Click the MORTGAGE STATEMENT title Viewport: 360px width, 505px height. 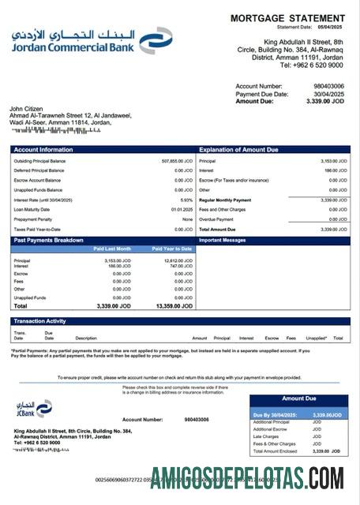pos(287,18)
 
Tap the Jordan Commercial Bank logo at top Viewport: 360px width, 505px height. pos(92,40)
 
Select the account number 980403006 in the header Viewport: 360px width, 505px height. pos(328,85)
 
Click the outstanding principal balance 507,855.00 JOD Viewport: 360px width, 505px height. pos(177,161)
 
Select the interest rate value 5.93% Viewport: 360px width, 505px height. pos(186,200)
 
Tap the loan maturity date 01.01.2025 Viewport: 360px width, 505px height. pos(183,209)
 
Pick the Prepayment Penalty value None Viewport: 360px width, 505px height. pos(186,219)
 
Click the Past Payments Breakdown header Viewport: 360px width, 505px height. pos(48,240)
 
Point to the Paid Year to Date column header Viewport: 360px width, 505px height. pos(172,249)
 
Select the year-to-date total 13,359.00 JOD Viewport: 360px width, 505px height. pos(174,305)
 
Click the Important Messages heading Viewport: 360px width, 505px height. pos(223,240)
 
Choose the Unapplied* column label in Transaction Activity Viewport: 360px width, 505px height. pos(316,338)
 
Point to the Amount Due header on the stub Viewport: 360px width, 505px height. pos(298,399)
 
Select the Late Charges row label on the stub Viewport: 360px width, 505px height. pos(266,436)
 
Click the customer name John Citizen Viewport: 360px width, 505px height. pos(27,109)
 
